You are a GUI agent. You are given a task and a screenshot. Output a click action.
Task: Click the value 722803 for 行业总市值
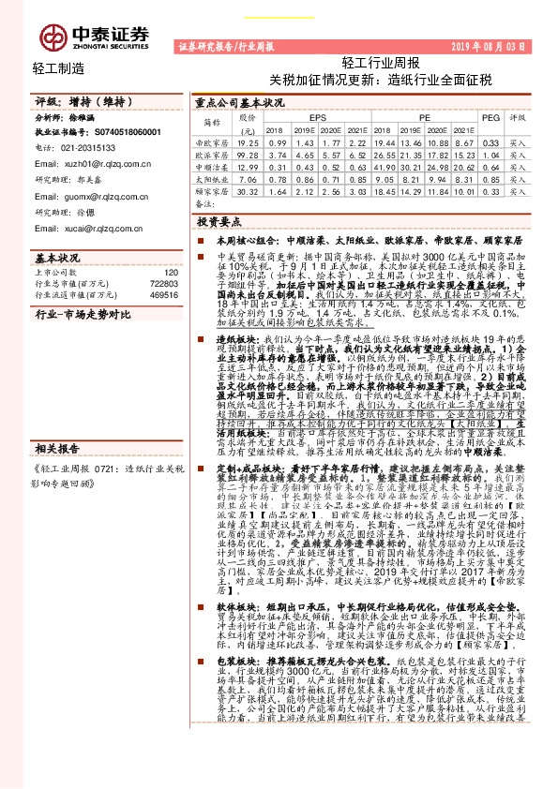coord(163,282)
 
